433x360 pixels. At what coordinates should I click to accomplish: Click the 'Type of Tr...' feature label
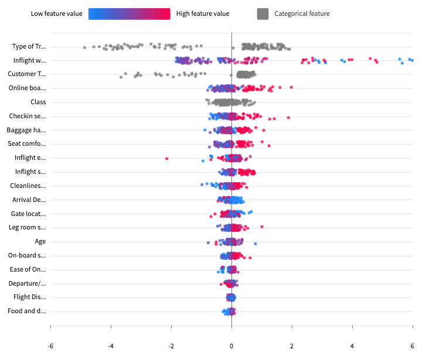[29, 46]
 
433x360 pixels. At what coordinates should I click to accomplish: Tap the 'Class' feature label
[38, 102]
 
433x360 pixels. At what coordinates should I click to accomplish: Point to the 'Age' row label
[40, 241]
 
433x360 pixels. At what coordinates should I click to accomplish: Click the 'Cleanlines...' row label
[28, 186]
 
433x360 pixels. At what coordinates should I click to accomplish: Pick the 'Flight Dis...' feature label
[29, 297]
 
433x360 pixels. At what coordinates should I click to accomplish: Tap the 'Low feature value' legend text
[56, 13]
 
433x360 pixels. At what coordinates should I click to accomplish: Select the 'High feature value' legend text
[203, 13]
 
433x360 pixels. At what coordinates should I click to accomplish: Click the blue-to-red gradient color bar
[129, 13]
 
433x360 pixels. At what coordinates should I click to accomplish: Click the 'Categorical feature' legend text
[302, 13]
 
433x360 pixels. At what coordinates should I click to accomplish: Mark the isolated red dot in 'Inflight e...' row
[166, 158]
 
